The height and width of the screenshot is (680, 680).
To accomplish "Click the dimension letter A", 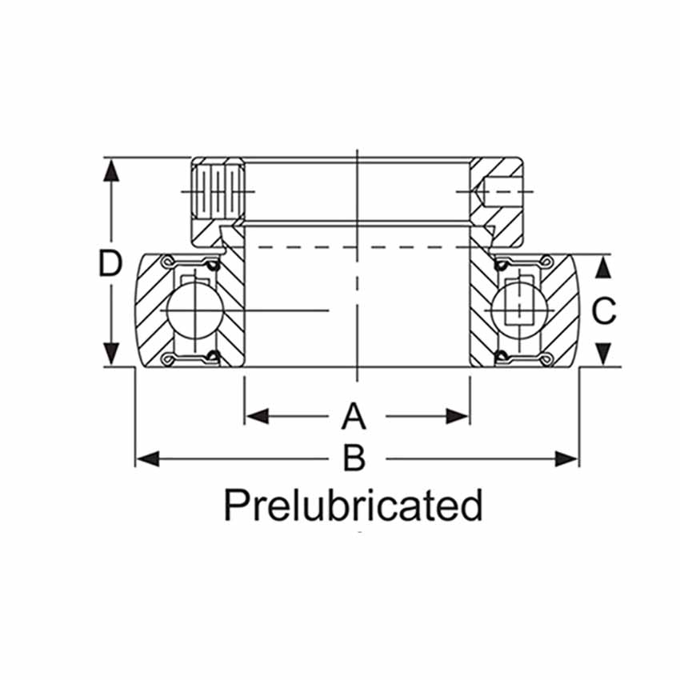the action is [354, 416].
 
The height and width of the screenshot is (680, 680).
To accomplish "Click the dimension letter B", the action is [354, 458].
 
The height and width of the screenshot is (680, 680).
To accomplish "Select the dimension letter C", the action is [604, 311].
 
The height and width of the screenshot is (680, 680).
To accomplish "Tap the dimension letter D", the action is [110, 263].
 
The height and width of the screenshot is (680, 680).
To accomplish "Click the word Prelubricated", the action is [353, 506].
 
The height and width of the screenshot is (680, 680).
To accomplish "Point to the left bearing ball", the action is [195, 310].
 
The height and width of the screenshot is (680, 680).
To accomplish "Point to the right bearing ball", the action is [519, 310].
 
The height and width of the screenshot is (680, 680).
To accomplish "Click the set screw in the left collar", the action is [218, 191].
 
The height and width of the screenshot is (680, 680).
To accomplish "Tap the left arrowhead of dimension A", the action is [257, 416].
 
